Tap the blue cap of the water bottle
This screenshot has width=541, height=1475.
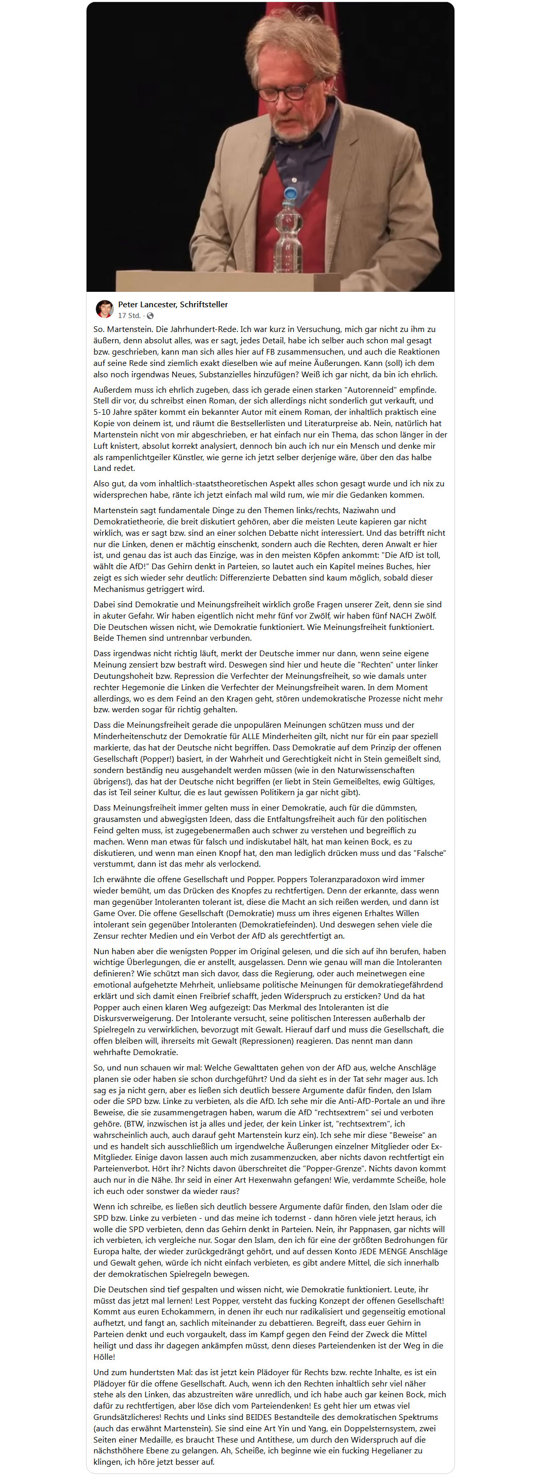(291, 194)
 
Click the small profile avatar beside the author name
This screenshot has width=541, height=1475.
(104, 309)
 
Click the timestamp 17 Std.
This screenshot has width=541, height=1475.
(129, 315)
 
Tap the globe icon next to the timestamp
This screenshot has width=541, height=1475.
(150, 315)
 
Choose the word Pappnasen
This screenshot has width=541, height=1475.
(356, 1230)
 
